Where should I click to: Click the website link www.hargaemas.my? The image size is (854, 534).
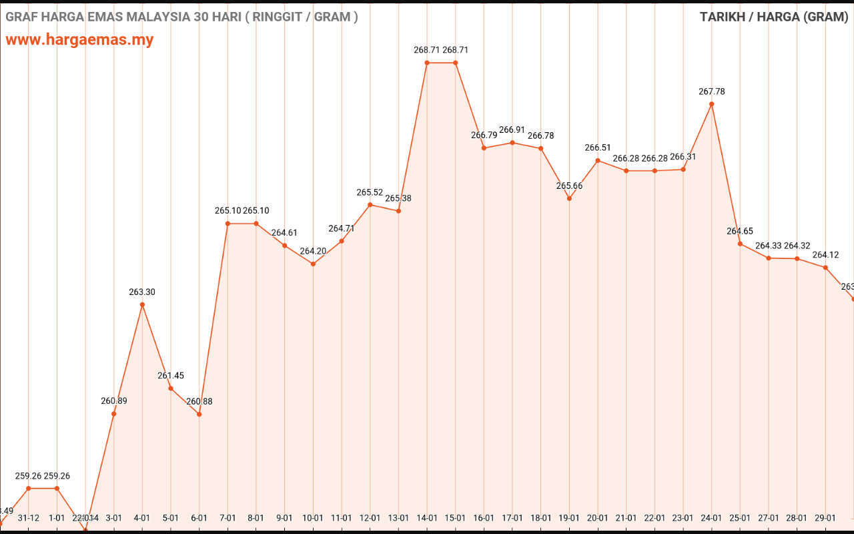pyautogui.click(x=79, y=39)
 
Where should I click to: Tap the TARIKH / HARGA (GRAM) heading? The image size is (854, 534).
pyautogui.click(x=774, y=17)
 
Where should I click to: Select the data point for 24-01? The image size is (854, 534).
pyautogui.click(x=712, y=104)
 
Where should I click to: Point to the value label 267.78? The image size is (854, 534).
pyautogui.click(x=712, y=91)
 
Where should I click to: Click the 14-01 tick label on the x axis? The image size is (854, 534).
pyautogui.click(x=427, y=518)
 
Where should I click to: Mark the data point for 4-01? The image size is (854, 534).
pyautogui.click(x=142, y=304)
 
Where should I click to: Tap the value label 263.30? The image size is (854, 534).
pyautogui.click(x=142, y=292)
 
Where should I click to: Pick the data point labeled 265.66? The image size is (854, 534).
pyautogui.click(x=569, y=198)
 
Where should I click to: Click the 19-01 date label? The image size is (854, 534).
pyautogui.click(x=569, y=518)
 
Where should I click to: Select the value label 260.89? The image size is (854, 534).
pyautogui.click(x=114, y=401)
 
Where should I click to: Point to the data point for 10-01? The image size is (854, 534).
pyautogui.click(x=313, y=264)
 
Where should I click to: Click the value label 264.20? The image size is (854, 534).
pyautogui.click(x=313, y=251)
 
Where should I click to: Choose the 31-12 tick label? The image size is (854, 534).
pyautogui.click(x=29, y=518)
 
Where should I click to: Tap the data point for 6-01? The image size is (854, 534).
pyautogui.click(x=199, y=415)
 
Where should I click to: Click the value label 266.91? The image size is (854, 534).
pyautogui.click(x=512, y=129)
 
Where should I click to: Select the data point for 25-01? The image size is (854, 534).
pyautogui.click(x=740, y=244)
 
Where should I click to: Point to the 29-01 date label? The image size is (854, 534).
pyautogui.click(x=825, y=518)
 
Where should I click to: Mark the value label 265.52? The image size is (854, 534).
pyautogui.click(x=370, y=192)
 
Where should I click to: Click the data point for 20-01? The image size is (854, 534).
pyautogui.click(x=598, y=160)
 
